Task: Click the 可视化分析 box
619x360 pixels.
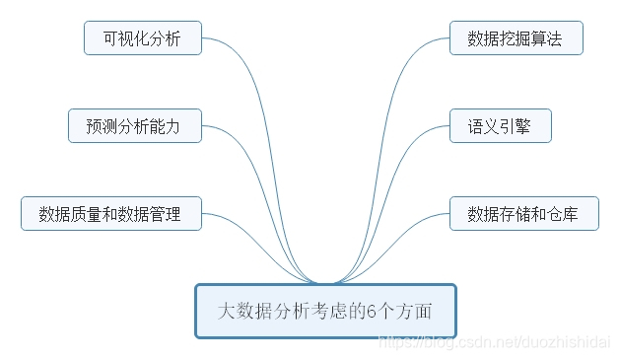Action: [x=143, y=39]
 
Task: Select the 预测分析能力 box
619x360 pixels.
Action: [x=135, y=126]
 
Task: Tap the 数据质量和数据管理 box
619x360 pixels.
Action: [x=111, y=213]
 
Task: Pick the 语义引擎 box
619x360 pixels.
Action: [x=500, y=126]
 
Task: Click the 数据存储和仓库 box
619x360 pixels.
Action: [x=523, y=213]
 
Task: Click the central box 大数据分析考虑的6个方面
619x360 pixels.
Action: [x=325, y=312]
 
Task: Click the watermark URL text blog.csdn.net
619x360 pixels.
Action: [x=463, y=341]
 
